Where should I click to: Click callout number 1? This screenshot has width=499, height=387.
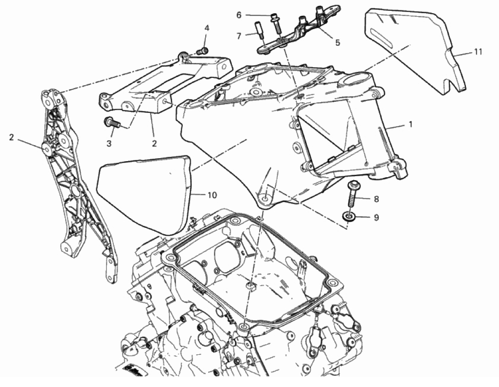(x=410, y=124)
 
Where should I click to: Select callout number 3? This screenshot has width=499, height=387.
(x=109, y=144)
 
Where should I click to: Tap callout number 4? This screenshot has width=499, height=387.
(x=207, y=28)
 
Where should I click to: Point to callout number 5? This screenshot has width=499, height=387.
(x=338, y=42)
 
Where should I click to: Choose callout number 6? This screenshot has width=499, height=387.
(x=239, y=15)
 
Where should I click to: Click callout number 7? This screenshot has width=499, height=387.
(x=239, y=36)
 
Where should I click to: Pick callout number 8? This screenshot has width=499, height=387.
(x=376, y=199)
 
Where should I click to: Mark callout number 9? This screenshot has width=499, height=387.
(x=376, y=218)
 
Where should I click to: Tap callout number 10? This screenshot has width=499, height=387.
(x=212, y=195)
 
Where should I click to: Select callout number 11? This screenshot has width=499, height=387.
(x=478, y=52)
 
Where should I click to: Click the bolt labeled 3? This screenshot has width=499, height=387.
(x=111, y=122)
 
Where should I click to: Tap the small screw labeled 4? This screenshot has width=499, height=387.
(x=202, y=51)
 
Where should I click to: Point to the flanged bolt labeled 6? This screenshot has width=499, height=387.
(x=276, y=23)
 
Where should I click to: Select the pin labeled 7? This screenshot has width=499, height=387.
(x=258, y=30)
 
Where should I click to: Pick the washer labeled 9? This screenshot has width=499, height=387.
(x=348, y=217)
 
